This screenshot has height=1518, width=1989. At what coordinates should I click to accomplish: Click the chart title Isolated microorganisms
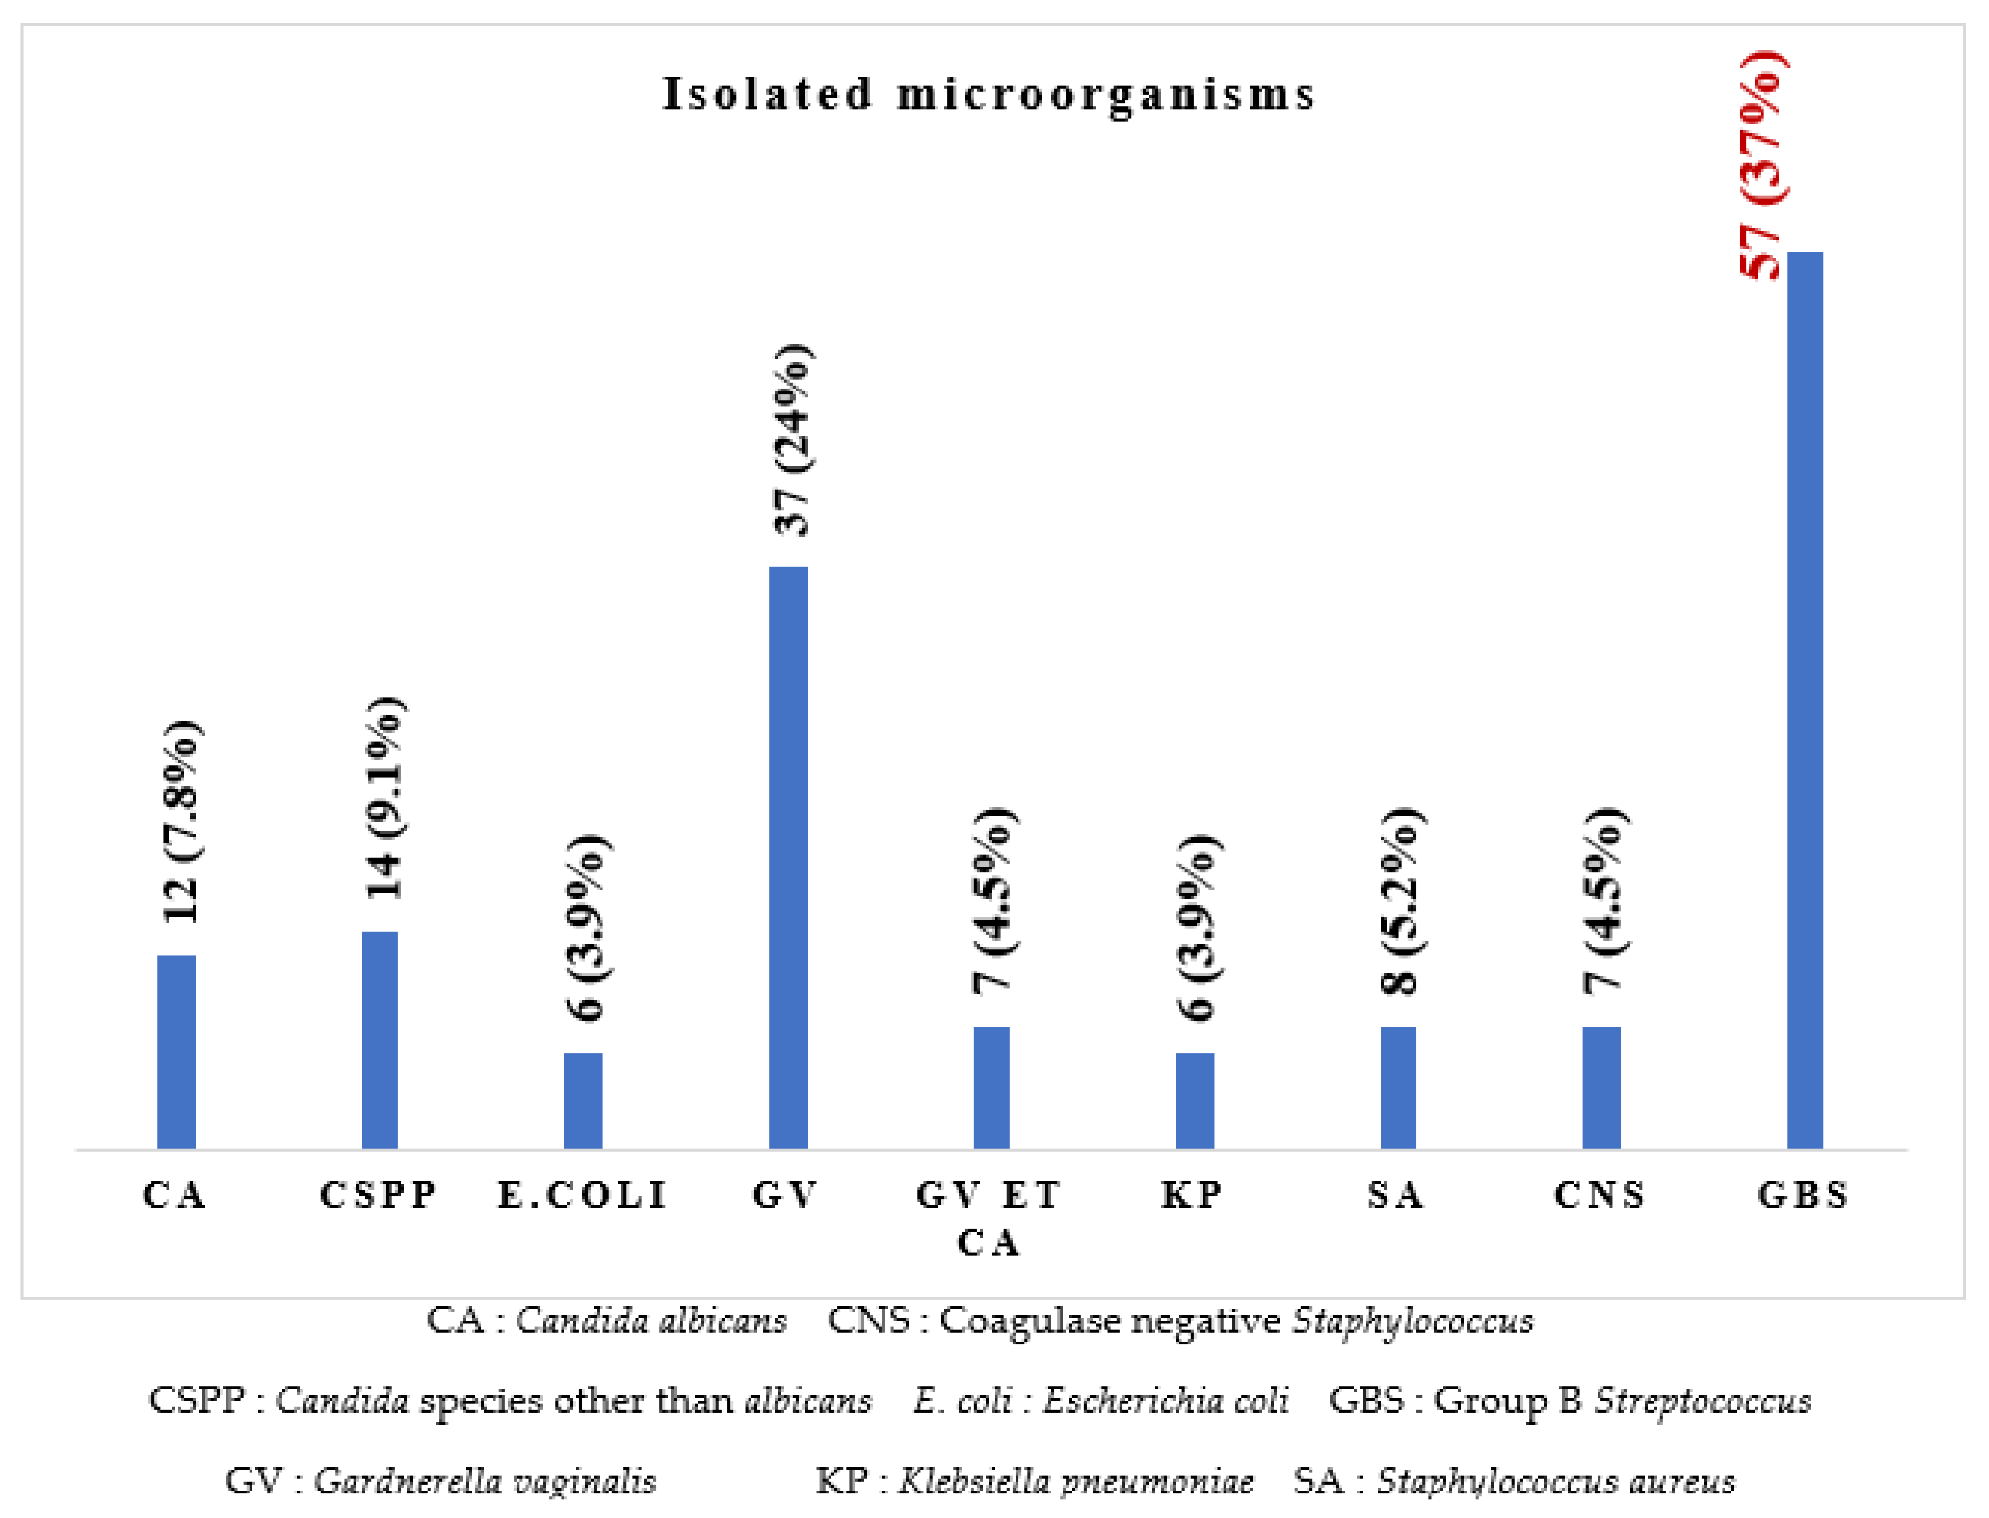tap(989, 95)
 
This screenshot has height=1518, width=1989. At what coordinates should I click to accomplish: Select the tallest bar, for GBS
tap(1804, 700)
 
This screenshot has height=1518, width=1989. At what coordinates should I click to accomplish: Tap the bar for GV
tap(788, 858)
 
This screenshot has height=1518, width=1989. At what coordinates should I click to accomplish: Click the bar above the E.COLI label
tap(583, 1101)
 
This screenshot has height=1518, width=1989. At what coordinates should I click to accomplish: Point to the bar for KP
tap(1195, 1101)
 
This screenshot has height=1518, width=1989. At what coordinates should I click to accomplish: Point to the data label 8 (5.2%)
tap(1402, 901)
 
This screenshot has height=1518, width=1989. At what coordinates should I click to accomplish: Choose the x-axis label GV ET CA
tap(989, 1218)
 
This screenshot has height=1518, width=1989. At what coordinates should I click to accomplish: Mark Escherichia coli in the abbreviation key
tap(1166, 1401)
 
